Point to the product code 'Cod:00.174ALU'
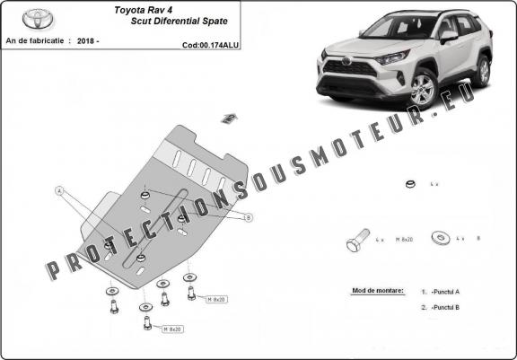point(209,43)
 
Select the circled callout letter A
point(59,190)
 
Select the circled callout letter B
point(248,217)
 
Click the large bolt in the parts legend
point(355,241)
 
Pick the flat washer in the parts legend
point(440,239)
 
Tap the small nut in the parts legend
point(408,185)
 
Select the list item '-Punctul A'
point(445,292)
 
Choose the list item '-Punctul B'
point(445,308)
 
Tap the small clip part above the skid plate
point(228,118)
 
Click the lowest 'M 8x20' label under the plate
point(171,329)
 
